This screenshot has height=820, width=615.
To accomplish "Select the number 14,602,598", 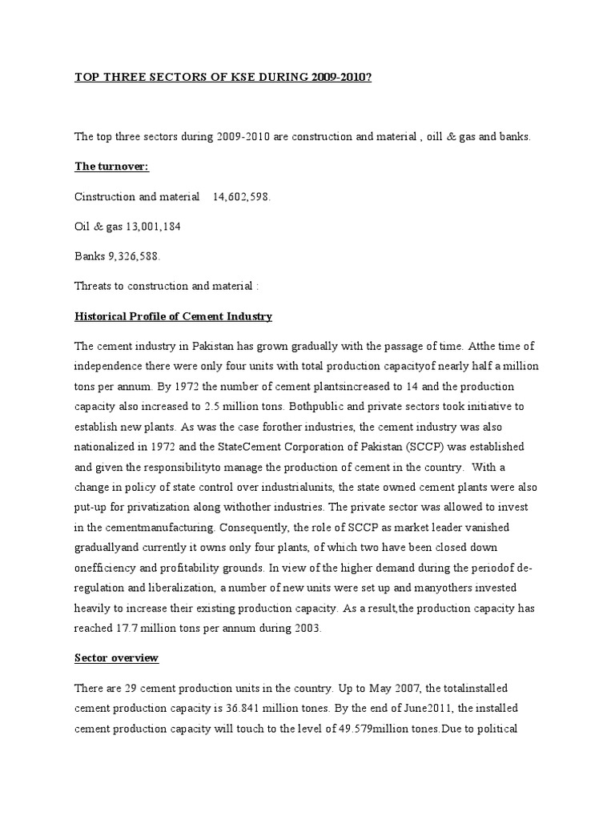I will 242,197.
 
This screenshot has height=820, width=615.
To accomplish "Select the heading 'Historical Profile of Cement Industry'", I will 173,316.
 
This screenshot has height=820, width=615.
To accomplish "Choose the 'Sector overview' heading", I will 116,658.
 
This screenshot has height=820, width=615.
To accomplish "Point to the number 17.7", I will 133,629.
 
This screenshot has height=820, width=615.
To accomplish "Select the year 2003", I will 305,629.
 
